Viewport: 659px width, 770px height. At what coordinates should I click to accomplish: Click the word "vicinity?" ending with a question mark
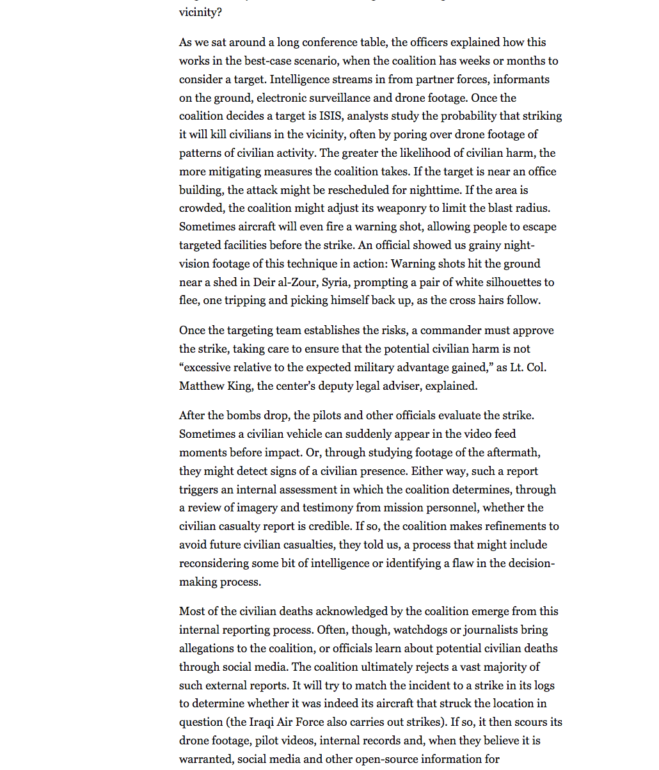[200, 12]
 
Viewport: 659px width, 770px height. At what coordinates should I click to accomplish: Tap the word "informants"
[521, 79]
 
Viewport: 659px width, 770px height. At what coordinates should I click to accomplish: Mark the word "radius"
[532, 208]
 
